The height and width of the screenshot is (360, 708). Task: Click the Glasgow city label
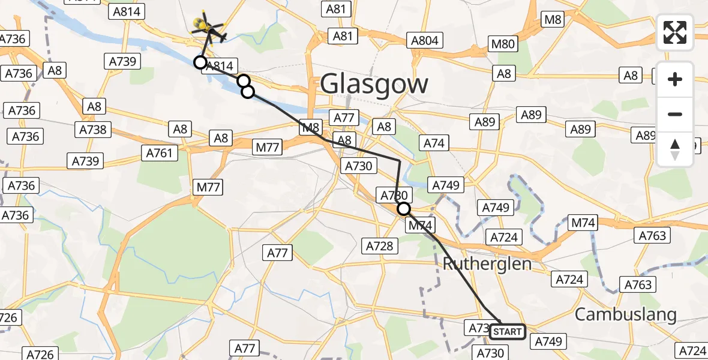pyautogui.click(x=374, y=83)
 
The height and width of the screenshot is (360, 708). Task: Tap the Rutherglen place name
pyautogui.click(x=487, y=263)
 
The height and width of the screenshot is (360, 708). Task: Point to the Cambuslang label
pyautogui.click(x=625, y=314)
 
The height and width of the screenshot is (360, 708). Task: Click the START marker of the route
pyautogui.click(x=508, y=331)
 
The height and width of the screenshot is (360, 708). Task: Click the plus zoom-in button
pyautogui.click(x=675, y=79)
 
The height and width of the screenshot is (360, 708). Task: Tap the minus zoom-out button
pyautogui.click(x=675, y=114)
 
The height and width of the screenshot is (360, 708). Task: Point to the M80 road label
pyautogui.click(x=503, y=44)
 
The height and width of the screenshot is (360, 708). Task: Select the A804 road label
pyautogui.click(x=425, y=41)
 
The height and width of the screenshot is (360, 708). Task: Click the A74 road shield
pyautogui.click(x=435, y=143)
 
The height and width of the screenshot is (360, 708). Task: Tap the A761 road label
pyautogui.click(x=159, y=153)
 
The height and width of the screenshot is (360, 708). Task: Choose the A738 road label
pyautogui.click(x=92, y=129)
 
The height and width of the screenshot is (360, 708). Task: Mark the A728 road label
pyautogui.click(x=379, y=245)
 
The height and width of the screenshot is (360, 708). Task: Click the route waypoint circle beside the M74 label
pyautogui.click(x=404, y=209)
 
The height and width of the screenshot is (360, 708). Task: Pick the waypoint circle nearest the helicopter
pyautogui.click(x=200, y=62)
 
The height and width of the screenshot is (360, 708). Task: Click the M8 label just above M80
pyautogui.click(x=552, y=20)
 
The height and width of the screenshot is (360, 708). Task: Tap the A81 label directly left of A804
pyautogui.click(x=343, y=36)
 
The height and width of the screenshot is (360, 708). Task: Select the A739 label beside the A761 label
pyautogui.click(x=86, y=161)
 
